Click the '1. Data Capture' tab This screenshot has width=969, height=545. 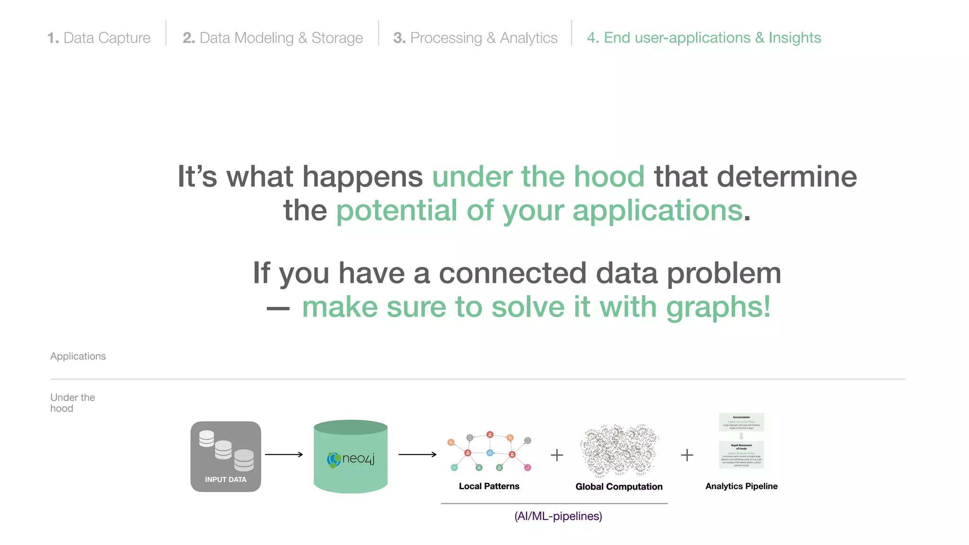tap(99, 38)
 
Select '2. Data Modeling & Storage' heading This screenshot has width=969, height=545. tap(273, 38)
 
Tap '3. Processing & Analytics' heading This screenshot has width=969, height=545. tap(475, 38)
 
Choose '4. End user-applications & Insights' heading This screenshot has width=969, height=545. tap(704, 38)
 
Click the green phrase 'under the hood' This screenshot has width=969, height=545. tap(538, 176)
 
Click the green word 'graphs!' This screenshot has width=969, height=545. tap(718, 307)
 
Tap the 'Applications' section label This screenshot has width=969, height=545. tap(78, 356)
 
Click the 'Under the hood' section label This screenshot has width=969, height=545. tap(72, 403)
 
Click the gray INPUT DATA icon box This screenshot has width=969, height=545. tap(226, 457)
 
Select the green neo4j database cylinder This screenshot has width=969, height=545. tap(351, 457)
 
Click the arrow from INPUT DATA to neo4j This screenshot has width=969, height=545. tap(284, 455)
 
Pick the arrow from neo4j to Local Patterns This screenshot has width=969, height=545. tap(417, 455)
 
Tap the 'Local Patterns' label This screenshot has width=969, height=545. tap(489, 486)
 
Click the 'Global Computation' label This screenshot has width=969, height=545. tap(619, 487)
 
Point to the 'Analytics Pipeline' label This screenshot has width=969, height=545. tap(741, 486)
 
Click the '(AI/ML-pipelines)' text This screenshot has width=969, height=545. tap(558, 516)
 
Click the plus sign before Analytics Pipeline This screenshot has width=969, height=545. tap(687, 455)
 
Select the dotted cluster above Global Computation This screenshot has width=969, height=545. tap(619, 450)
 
